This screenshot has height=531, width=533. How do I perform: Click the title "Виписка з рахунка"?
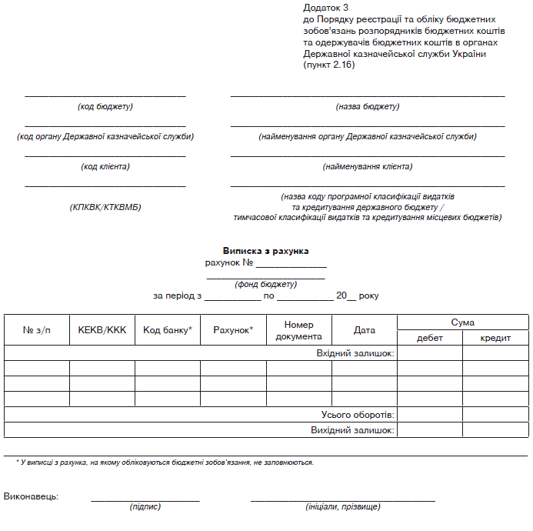[265, 251]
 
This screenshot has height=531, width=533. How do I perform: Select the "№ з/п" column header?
[36, 330]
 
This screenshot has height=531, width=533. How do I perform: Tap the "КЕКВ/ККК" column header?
[102, 330]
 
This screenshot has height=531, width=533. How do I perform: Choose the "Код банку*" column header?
[167, 330]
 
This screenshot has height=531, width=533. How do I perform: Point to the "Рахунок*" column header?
[233, 330]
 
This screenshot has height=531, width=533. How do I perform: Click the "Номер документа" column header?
[298, 330]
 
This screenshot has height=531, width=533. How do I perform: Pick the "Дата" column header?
[365, 330]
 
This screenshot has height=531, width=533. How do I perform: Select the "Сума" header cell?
[462, 322]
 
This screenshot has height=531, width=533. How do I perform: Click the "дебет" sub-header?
[430, 338]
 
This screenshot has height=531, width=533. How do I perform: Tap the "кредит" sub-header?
[495, 338]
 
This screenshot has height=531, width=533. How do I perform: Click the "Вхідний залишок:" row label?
[355, 353]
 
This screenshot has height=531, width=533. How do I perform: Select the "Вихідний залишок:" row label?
[352, 430]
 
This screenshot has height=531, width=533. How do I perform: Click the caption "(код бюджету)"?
[105, 106]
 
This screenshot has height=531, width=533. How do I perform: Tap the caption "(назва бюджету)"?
[368, 106]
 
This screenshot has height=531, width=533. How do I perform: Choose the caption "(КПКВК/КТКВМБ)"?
[105, 207]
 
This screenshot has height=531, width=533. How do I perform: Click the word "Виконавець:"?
[31, 496]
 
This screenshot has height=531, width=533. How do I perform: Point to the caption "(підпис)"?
[145, 506]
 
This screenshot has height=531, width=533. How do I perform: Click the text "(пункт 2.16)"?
[329, 65]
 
